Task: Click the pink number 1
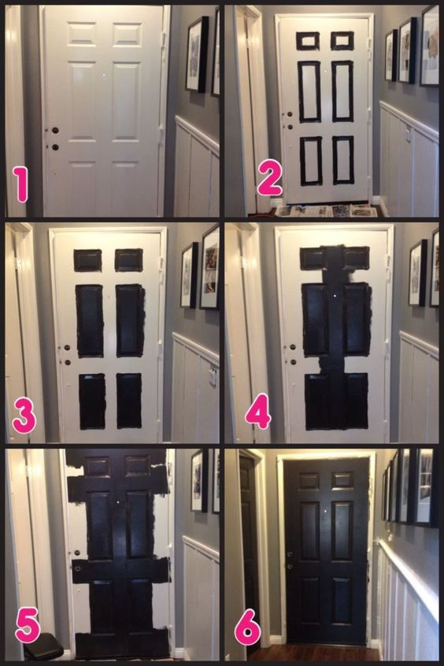pos(20,184)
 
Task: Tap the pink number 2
pos(269,179)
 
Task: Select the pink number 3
pos(24,416)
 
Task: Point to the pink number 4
pos(258,411)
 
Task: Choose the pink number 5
pos(28,626)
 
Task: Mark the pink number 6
pos(248,627)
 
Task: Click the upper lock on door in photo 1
pos(55,131)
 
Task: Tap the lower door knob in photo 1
pos(55,147)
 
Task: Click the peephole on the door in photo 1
pos(104,75)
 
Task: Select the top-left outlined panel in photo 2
pos(308,41)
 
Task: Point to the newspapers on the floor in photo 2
pos(326,211)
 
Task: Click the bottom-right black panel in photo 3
pos(129,401)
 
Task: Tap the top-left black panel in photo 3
pos(88,261)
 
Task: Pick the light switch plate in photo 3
pos(213,377)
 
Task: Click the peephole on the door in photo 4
pos(335,294)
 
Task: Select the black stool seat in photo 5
pos(43,646)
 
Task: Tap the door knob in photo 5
pos(77,553)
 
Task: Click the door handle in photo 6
pos(290,554)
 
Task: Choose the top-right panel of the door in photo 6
pos(342,480)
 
